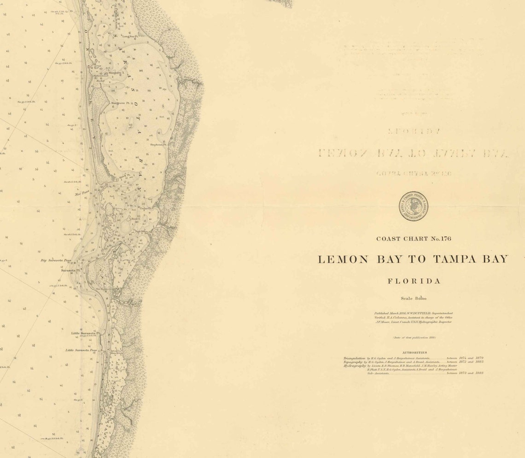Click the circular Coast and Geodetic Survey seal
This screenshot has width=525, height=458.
[x=413, y=206]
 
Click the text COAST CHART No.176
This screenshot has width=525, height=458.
[x=414, y=239]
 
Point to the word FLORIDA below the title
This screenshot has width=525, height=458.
[x=414, y=281]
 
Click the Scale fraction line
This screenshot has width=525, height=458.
[x=414, y=298]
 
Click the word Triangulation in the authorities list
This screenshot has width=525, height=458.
[x=354, y=358]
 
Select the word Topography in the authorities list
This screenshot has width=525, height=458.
[x=353, y=362]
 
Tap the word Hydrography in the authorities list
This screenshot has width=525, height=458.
[x=355, y=366]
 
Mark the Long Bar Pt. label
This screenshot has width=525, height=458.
[x=130, y=36]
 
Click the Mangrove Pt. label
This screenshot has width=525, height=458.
[x=121, y=103]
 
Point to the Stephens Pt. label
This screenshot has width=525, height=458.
[x=158, y=144]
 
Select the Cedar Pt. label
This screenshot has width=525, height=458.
[x=152, y=208]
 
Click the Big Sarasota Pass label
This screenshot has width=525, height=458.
[x=56, y=260]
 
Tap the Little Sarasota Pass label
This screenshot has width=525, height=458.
[x=81, y=350]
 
